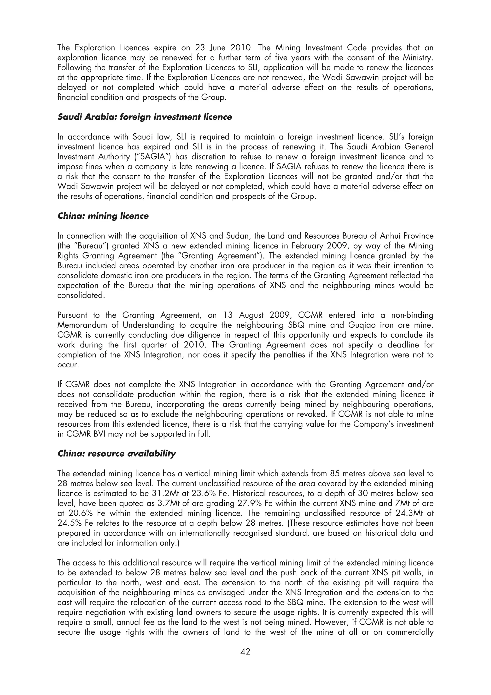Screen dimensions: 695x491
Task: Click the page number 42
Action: [x=245, y=651]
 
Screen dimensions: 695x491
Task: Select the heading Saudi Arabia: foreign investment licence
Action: [x=145, y=117]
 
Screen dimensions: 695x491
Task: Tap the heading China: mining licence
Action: [x=103, y=216]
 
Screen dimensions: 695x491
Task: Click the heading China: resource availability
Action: [x=117, y=454]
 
